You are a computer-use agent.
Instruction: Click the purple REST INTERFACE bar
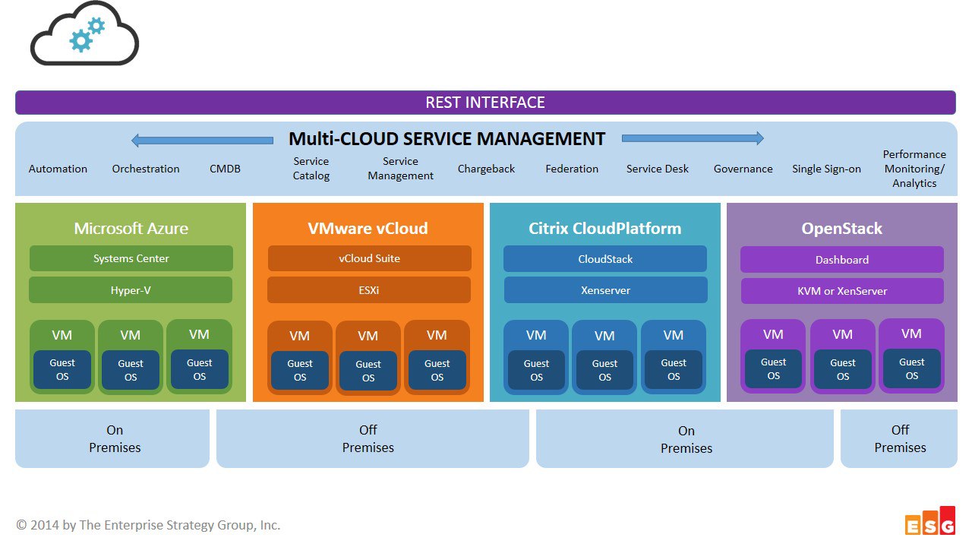(x=485, y=103)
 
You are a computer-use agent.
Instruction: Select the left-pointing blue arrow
(x=202, y=141)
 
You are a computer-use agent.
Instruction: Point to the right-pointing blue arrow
(x=693, y=138)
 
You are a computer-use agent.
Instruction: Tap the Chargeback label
(x=486, y=169)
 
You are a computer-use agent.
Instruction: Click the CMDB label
(x=225, y=169)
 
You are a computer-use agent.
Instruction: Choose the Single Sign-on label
(x=826, y=169)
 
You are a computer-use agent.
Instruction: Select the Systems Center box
(x=131, y=258)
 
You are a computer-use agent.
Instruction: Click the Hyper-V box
(x=131, y=290)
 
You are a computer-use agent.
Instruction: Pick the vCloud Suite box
(x=369, y=258)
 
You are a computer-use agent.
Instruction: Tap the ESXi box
(x=369, y=290)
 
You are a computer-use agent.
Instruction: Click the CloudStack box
(x=605, y=259)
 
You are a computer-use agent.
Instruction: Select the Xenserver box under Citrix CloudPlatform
(x=605, y=290)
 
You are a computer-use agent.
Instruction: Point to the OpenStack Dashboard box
(x=842, y=260)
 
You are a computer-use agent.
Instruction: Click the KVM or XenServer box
(x=842, y=291)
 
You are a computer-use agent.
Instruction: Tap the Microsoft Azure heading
(x=131, y=229)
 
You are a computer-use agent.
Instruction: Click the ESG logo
(x=930, y=521)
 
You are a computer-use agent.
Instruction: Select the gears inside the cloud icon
(x=87, y=34)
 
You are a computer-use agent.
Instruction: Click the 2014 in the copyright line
(x=44, y=525)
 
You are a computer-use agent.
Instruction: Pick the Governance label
(x=743, y=169)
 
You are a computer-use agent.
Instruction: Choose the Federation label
(x=572, y=169)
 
